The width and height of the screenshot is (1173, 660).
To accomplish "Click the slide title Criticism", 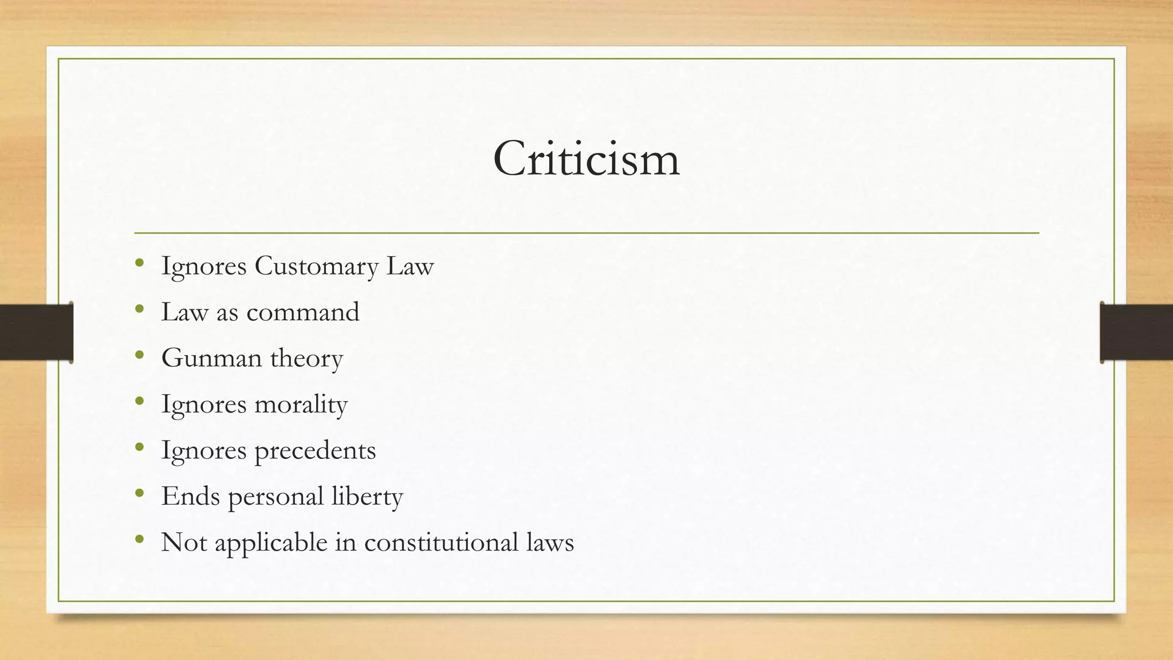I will (x=586, y=159).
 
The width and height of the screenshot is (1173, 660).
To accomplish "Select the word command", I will (x=302, y=313).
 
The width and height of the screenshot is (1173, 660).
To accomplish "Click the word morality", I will (x=301, y=405).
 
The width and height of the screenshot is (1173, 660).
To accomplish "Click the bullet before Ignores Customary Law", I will (x=140, y=264).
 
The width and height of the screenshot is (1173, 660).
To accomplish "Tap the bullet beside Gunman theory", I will (x=140, y=356).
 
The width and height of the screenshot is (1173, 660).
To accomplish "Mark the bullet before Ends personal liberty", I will (x=140, y=493).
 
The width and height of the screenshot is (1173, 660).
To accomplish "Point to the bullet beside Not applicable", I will (x=140, y=540).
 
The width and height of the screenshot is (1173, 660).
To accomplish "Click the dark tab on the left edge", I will (x=36, y=332).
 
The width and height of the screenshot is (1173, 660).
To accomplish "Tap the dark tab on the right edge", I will (x=1136, y=332).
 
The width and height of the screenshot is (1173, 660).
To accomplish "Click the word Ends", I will (x=190, y=496).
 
